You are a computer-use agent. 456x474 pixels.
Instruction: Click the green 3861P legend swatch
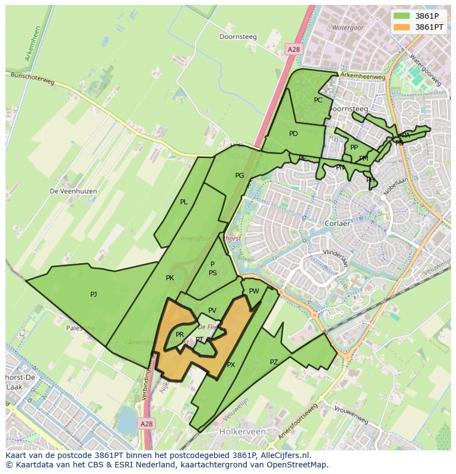tap(401, 16)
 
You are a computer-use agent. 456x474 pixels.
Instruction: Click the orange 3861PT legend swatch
tap(401, 27)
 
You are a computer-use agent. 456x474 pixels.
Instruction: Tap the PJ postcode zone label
tap(94, 295)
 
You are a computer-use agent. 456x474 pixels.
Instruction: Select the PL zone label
tap(184, 202)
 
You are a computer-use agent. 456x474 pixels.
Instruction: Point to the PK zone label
tap(170, 278)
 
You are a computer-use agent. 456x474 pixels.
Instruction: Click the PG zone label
tap(240, 176)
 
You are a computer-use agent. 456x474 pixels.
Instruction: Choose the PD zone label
tap(294, 134)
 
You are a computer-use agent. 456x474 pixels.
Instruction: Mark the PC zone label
tap(318, 100)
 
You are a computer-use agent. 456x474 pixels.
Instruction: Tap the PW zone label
tap(254, 291)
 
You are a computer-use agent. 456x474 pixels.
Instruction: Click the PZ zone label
tap(274, 362)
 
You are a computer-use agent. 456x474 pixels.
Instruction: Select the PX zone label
tap(231, 365)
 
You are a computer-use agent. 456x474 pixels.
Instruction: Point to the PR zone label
tap(180, 335)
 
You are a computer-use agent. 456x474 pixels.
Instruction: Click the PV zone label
tap(213, 311)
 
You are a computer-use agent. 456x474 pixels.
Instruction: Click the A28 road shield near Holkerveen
tap(146, 424)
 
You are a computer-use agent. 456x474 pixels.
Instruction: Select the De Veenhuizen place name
tap(73, 191)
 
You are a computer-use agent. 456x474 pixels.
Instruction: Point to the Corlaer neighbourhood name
tap(337, 224)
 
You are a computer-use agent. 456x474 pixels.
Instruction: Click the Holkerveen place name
tap(242, 432)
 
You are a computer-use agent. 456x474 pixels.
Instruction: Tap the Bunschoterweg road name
tap(33, 80)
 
